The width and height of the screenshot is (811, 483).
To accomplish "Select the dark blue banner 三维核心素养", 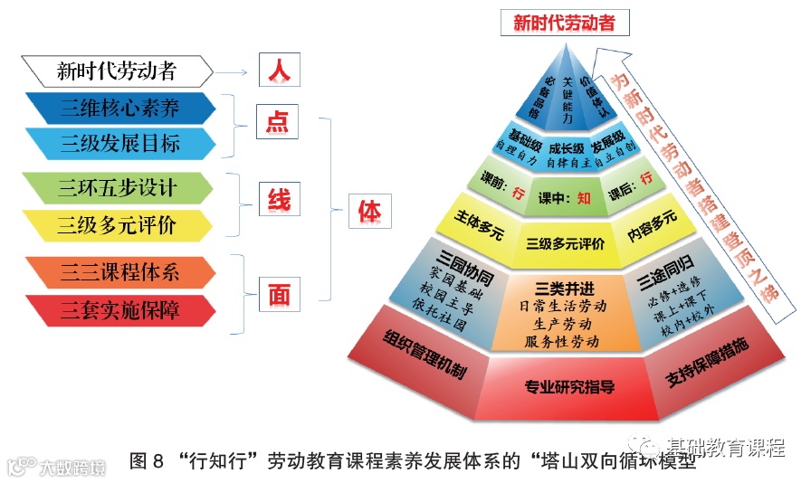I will (x=119, y=109).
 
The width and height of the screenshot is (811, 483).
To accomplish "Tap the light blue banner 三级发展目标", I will (x=119, y=143).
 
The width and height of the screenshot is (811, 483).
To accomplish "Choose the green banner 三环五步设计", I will (x=118, y=188).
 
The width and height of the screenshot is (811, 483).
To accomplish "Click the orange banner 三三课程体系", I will (x=119, y=271).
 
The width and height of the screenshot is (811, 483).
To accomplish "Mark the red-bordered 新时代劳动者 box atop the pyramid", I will (x=565, y=23).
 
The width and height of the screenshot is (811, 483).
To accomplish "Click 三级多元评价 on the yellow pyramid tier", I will (x=566, y=241).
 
